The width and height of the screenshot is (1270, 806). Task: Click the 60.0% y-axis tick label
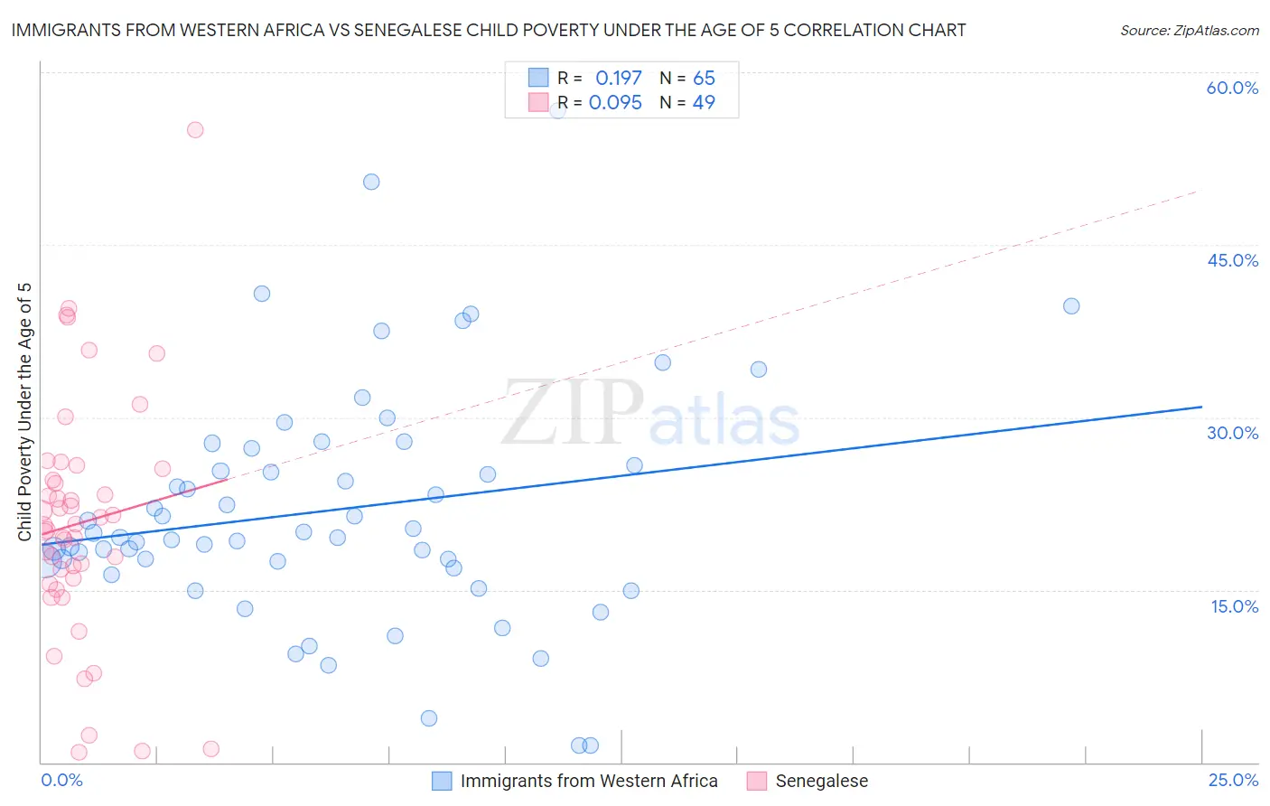(1232, 88)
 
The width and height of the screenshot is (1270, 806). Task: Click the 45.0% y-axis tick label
(1232, 260)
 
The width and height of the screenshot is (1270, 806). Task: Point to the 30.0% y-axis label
(1232, 433)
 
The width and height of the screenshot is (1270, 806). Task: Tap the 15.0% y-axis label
(1234, 606)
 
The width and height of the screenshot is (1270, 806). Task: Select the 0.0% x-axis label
(61, 780)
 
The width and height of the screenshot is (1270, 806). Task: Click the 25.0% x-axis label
(1233, 780)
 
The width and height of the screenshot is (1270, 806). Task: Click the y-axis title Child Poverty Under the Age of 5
(24, 412)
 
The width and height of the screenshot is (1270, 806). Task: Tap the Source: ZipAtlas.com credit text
(1189, 30)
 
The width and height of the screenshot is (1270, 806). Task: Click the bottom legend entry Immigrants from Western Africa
(589, 781)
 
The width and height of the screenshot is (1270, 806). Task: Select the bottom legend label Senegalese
(821, 781)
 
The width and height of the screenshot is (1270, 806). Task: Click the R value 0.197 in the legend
(618, 79)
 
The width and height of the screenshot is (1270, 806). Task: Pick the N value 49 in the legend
(704, 103)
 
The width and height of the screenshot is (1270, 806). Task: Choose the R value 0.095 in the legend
(615, 103)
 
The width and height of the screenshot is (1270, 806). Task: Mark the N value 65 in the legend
(704, 79)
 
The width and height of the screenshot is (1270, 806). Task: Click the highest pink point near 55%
(195, 129)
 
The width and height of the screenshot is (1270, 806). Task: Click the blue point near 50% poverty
(371, 182)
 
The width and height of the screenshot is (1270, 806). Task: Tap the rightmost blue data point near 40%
(1071, 306)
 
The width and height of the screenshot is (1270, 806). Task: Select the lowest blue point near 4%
(429, 718)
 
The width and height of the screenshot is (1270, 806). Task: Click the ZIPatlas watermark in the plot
(650, 414)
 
